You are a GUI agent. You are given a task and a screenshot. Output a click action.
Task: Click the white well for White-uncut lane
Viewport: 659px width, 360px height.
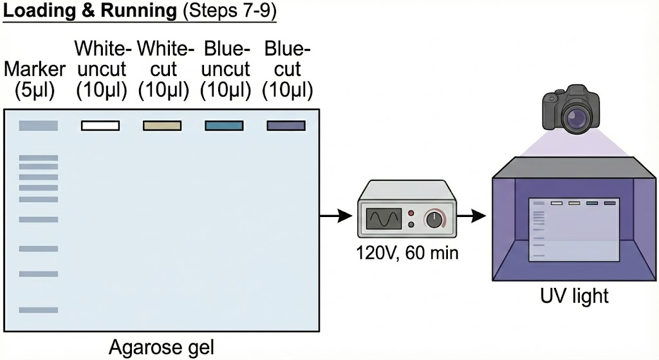pos(100,126)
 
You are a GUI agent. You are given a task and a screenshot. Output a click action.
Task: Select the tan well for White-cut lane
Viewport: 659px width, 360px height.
pos(162,126)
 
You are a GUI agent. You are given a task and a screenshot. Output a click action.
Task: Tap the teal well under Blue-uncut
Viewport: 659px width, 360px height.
pos(224,126)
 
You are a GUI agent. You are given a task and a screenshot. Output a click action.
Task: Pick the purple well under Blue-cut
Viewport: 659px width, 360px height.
pos(286,126)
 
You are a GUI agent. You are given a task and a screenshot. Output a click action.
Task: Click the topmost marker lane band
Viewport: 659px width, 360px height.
pos(39,126)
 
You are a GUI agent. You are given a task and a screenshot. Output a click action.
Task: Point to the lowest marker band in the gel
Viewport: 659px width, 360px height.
pos(39,310)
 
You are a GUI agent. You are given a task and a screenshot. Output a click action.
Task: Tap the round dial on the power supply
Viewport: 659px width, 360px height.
pos(436,220)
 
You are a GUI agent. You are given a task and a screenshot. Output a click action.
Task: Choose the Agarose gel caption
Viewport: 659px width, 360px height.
pos(162,347)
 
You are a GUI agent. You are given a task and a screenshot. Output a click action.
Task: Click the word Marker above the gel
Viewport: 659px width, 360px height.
pos(35,69)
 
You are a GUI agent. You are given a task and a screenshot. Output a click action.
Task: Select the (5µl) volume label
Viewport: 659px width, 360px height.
pos(35,90)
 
